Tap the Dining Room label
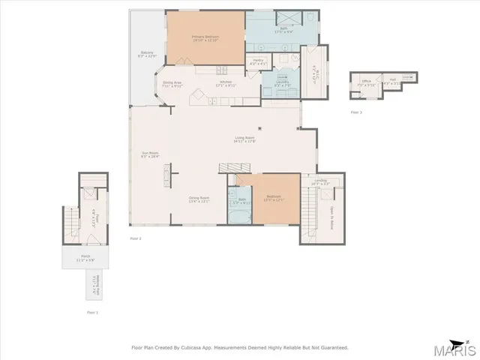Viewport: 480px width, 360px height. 199,199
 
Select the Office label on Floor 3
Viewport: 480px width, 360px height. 366,82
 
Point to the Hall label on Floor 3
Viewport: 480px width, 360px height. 391,82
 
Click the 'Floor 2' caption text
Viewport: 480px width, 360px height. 136,238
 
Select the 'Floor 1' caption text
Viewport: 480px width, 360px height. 92,310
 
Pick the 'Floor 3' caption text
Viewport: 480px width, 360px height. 356,112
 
